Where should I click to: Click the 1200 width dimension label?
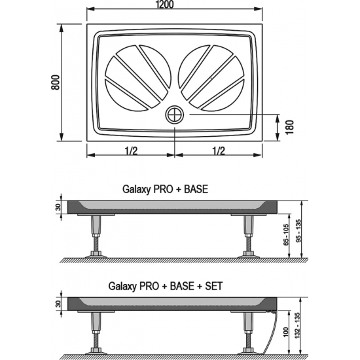175,6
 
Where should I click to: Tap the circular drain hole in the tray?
175,115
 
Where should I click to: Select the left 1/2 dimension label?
130,151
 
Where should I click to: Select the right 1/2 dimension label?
219,151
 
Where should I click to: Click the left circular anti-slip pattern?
137,77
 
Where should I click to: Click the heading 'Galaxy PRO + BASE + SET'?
166,285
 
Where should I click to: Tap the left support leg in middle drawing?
97,236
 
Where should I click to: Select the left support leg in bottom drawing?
97,334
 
